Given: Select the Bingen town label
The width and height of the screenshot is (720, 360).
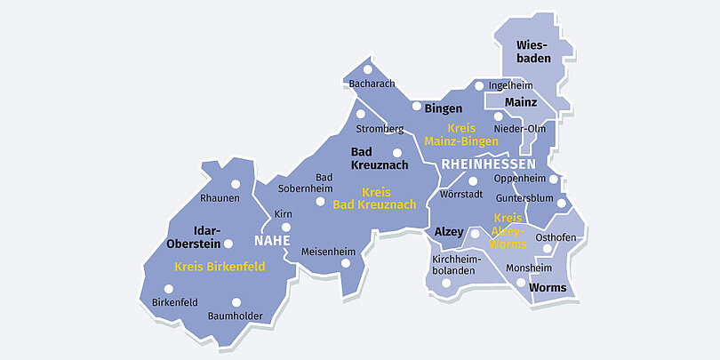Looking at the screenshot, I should click(x=443, y=108).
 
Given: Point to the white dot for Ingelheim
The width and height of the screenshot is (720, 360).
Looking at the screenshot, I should click(x=479, y=86).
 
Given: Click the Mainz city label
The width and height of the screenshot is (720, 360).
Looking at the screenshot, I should click(x=521, y=102).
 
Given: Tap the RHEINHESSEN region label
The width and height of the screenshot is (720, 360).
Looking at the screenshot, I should click(x=488, y=164).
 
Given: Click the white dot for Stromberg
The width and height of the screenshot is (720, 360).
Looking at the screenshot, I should click(x=360, y=114).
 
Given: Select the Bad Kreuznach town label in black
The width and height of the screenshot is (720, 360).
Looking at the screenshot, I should click(x=380, y=158).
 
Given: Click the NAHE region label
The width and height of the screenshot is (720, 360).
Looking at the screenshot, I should click(x=272, y=240).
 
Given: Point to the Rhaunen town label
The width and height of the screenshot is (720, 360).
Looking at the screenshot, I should click(x=220, y=197).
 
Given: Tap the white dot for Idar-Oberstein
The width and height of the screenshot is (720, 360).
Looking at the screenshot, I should click(x=228, y=244).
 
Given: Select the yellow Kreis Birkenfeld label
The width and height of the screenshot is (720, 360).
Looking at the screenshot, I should click(x=220, y=266).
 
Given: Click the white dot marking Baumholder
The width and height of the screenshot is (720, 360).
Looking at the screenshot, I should click(x=236, y=302).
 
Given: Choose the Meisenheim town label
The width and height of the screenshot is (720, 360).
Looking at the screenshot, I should click(x=327, y=251).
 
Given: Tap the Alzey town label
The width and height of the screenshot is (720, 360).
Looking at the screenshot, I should click(x=449, y=232).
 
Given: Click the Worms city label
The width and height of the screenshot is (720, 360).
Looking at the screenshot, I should click(x=547, y=287).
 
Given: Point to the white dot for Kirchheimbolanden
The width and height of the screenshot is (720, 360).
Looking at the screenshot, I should click(x=446, y=284).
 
